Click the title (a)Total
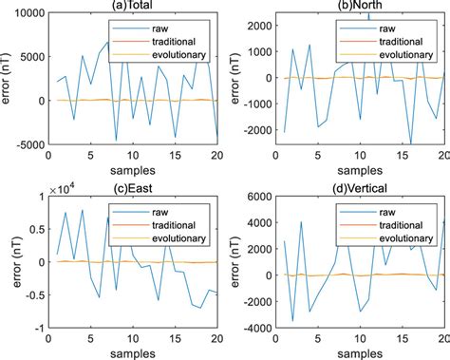click(x=137, y=6)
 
